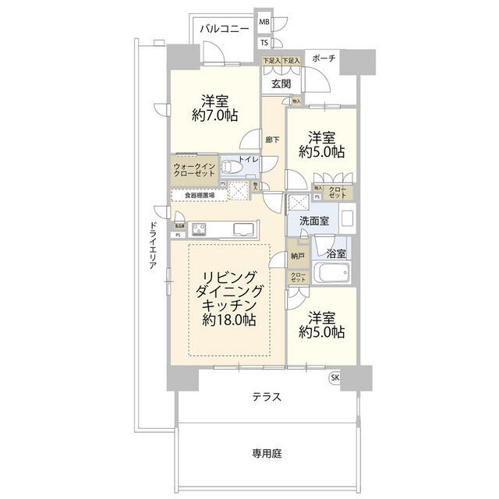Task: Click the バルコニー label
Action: pyautogui.click(x=225, y=29)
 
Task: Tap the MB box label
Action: pyautogui.click(x=264, y=24)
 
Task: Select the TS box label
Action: pyautogui.click(x=264, y=42)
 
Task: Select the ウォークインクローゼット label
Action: pyautogui.click(x=195, y=169)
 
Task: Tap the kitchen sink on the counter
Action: pyautogui.click(x=242, y=228)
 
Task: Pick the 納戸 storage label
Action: pyautogui.click(x=299, y=255)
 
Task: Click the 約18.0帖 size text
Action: pyautogui.click(x=230, y=320)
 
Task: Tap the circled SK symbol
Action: pyautogui.click(x=335, y=378)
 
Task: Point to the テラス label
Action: pyautogui.click(x=266, y=397)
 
